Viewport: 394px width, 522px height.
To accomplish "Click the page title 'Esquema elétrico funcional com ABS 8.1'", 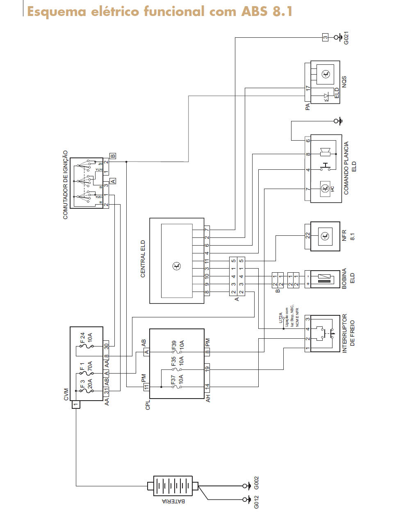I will tap(160, 11).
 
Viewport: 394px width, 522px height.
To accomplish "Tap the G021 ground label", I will tap(346, 38).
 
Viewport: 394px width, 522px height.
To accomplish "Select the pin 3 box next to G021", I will tap(325, 38).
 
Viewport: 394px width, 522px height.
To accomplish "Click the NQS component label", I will tap(344, 81).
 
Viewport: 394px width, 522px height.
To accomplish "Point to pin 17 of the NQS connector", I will tap(308, 88).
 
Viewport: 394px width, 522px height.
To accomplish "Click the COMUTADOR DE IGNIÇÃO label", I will tap(65, 185).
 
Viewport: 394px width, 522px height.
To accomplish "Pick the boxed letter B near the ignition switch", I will tap(113, 156).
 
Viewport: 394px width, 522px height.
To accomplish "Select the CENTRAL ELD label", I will tap(143, 259).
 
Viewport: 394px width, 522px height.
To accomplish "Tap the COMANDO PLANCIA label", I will tap(346, 168).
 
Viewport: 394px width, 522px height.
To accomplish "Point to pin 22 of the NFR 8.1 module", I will tap(307, 235).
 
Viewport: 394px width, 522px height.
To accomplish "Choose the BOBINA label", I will tap(344, 279).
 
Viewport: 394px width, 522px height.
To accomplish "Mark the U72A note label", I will tap(281, 318).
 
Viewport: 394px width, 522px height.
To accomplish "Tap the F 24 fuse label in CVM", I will tap(82, 338).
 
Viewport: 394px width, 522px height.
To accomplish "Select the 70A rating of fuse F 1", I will tap(90, 366).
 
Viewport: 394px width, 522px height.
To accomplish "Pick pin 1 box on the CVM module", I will tap(75, 405).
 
